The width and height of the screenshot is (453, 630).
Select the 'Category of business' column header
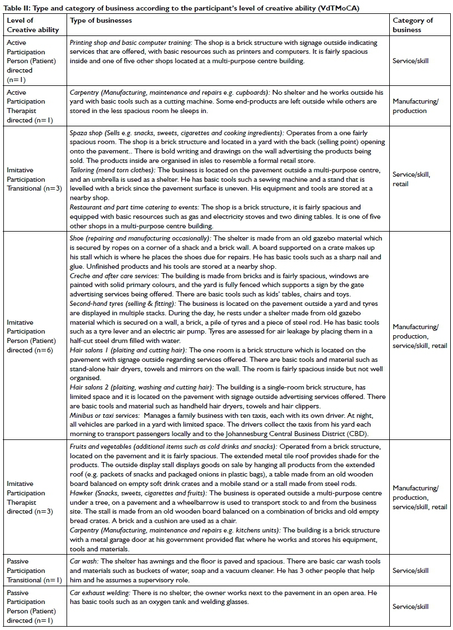[x=413, y=25]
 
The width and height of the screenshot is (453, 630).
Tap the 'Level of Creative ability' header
[x=33, y=25]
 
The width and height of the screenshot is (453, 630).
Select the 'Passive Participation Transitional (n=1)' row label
[x=33, y=571]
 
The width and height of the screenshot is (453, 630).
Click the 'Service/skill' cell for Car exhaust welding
[x=410, y=607]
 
